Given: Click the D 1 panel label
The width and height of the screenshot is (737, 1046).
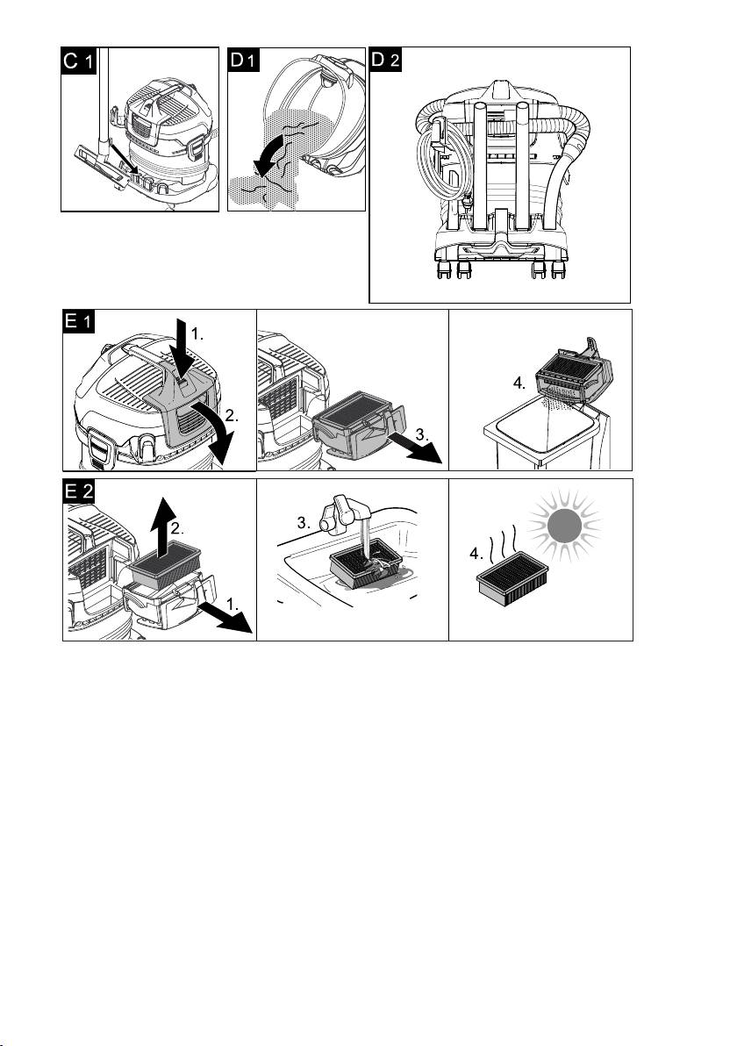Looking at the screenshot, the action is click(243, 60).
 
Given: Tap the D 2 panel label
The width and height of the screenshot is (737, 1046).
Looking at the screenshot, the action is click(385, 60).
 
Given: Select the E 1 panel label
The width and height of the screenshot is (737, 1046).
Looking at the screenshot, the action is click(79, 321).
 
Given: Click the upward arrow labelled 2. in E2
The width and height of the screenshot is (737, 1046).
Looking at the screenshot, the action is click(162, 528).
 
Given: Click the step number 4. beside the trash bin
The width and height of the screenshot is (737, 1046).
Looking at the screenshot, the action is click(519, 383).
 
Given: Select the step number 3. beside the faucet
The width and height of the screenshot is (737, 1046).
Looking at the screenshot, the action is click(304, 523).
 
